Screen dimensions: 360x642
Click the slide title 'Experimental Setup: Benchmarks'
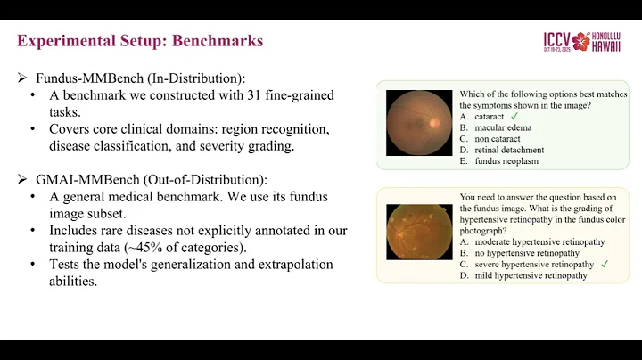click(x=140, y=41)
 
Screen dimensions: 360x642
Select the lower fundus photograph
click(x=419, y=236)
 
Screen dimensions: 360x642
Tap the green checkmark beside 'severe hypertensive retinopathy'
click(x=605, y=264)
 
